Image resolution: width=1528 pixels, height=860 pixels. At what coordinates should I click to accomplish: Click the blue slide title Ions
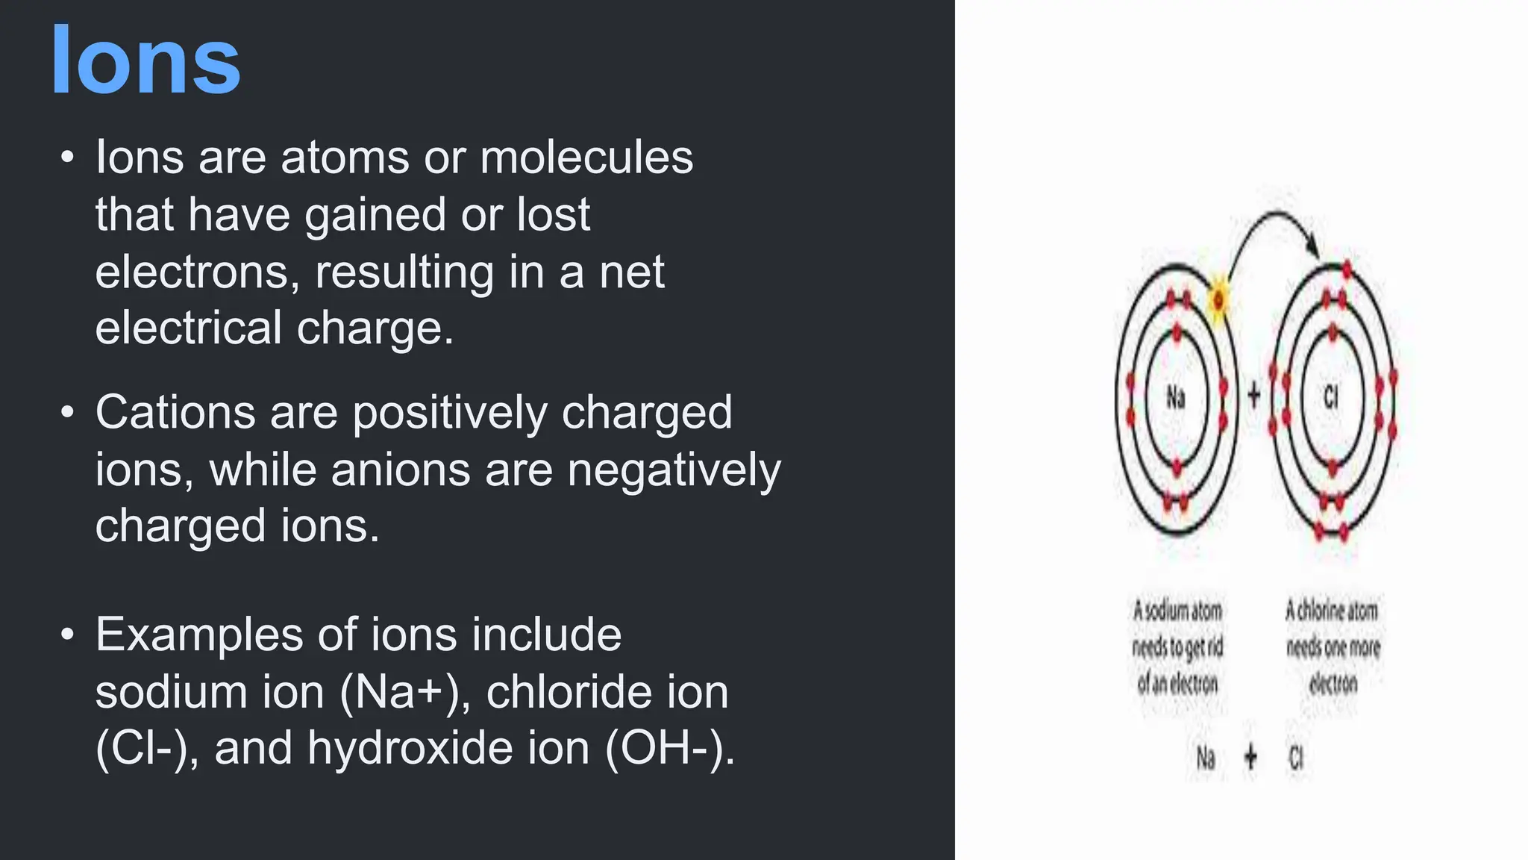[x=145, y=61]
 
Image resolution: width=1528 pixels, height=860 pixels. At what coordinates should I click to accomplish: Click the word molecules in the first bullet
[x=586, y=158]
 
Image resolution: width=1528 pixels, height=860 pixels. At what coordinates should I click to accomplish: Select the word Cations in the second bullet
[x=175, y=413]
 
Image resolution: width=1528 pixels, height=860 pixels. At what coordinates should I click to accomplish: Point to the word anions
[x=400, y=470]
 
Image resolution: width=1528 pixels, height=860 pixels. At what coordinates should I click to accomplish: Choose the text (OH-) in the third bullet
[x=669, y=748]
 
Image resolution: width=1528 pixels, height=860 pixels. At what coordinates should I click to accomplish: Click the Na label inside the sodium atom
[x=1176, y=397]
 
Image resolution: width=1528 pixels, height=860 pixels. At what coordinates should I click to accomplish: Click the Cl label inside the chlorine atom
[x=1332, y=397]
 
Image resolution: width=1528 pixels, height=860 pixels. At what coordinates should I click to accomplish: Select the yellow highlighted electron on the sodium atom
[x=1218, y=301]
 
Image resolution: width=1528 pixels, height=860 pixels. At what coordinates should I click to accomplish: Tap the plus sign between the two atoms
[x=1254, y=396]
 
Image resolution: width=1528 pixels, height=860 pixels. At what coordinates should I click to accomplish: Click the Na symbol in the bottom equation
[x=1206, y=758]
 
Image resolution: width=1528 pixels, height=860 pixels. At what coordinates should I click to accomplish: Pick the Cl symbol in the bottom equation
[x=1297, y=758]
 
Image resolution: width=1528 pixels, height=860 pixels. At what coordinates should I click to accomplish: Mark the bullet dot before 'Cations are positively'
[x=68, y=412]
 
